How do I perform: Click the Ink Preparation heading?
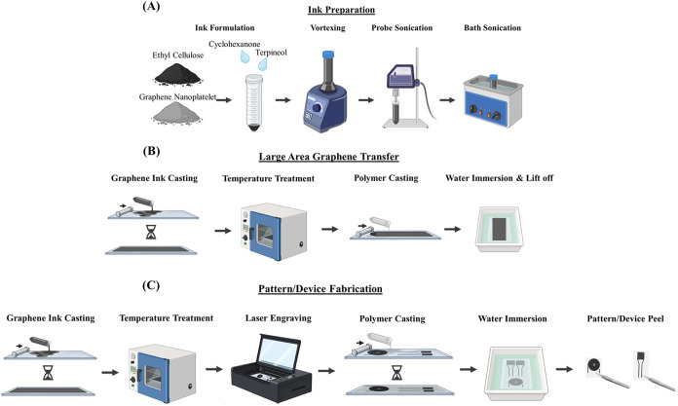click(x=341, y=10)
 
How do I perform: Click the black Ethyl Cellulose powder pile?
click(x=177, y=74)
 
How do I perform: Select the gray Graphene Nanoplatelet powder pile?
click(x=177, y=113)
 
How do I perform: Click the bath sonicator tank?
click(x=493, y=100)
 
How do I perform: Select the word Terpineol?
click(x=271, y=53)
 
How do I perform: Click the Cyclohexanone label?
click(x=235, y=44)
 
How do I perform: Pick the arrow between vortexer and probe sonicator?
click(x=366, y=100)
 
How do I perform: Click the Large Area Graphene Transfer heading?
click(x=328, y=157)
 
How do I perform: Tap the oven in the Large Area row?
click(x=274, y=232)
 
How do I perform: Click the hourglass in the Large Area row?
click(x=151, y=232)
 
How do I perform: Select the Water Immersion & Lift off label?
click(x=500, y=178)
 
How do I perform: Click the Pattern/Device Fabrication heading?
click(x=320, y=288)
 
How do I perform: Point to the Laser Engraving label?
click(x=279, y=318)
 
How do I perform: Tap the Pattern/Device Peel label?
click(x=625, y=318)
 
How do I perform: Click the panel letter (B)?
click(x=151, y=151)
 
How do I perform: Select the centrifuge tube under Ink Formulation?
click(x=254, y=102)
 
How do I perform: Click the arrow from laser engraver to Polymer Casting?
click(x=326, y=371)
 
